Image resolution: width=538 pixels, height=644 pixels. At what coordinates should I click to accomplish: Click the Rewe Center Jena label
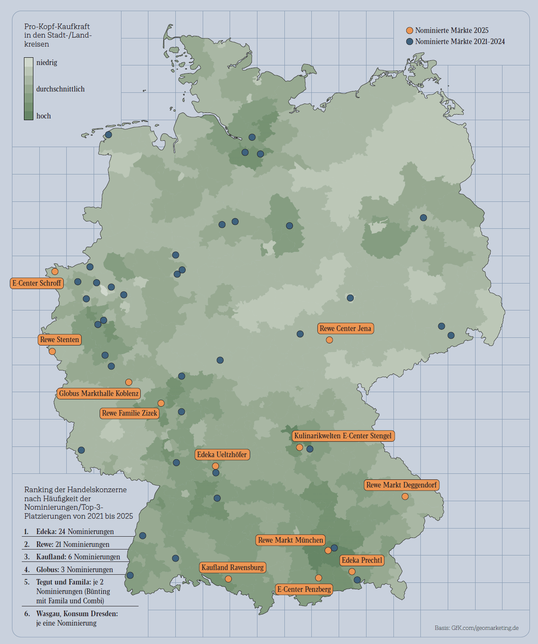point(346,328)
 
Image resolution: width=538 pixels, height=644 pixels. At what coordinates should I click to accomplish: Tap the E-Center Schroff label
point(37,283)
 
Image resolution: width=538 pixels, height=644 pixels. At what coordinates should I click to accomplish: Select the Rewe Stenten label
point(60,340)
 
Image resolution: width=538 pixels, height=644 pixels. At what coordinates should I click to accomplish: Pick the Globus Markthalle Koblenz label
point(99,393)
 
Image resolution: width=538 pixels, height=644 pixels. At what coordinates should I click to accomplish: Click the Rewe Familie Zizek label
point(130,413)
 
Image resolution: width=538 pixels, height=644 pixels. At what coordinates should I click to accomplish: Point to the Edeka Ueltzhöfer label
point(222,455)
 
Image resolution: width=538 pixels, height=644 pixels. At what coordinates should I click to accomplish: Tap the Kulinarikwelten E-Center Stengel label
point(343,436)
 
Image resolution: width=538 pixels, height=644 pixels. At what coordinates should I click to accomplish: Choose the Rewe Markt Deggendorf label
point(402,485)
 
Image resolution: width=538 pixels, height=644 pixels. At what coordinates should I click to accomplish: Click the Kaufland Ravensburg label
point(233,567)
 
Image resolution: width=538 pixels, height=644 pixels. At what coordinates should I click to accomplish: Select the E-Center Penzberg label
point(304,589)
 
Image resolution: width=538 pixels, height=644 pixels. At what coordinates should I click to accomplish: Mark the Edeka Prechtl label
point(362,560)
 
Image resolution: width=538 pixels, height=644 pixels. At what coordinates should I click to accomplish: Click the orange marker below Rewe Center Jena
point(329,340)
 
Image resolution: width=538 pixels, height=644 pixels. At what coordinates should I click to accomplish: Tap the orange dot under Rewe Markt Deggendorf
point(405,496)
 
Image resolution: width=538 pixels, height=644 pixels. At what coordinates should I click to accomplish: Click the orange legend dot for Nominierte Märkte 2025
point(410,30)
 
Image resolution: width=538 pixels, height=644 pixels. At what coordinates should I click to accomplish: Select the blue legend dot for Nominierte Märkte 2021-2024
point(410,41)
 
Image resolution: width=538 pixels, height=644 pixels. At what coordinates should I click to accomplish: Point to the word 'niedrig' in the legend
point(47,62)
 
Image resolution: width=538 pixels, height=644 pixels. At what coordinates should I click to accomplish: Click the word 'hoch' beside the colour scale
point(44,116)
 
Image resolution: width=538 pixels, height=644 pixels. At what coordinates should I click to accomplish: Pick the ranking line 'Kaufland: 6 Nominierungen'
point(78,557)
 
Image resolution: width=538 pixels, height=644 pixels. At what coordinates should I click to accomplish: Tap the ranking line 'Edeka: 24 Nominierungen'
point(75,532)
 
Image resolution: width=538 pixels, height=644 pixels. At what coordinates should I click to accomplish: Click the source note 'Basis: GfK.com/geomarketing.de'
point(476,628)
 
